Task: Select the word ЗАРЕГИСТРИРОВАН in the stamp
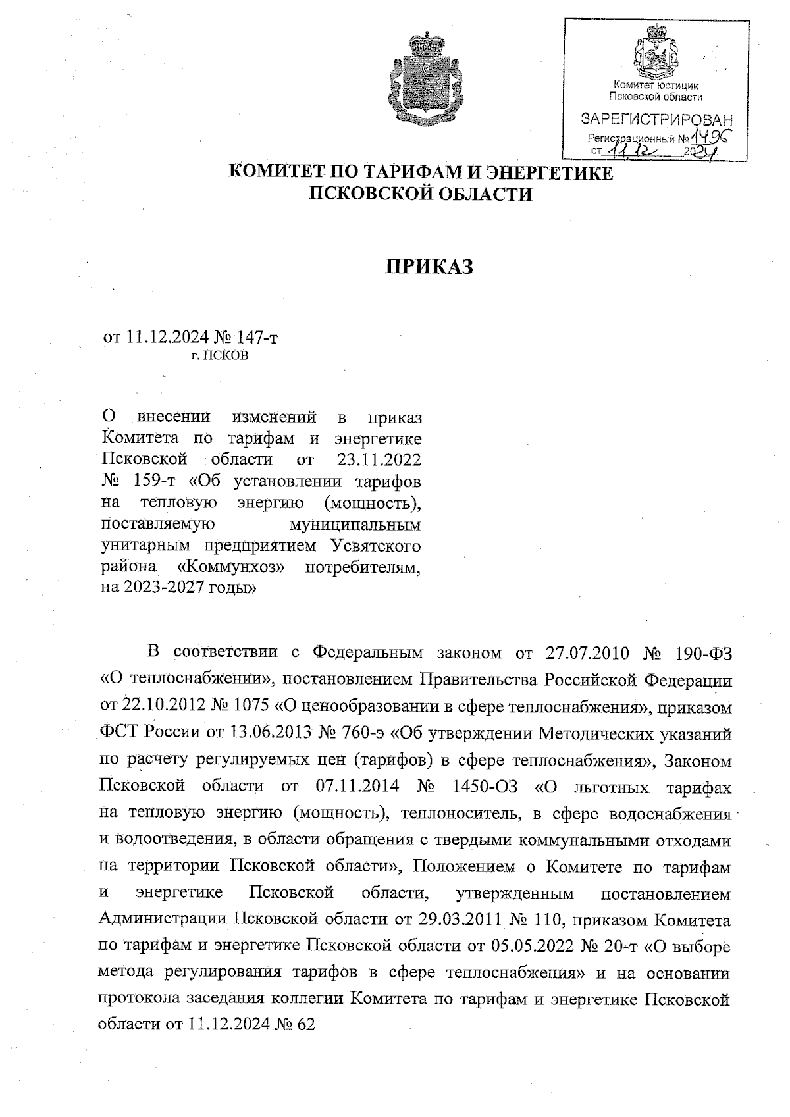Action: tap(656, 120)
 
